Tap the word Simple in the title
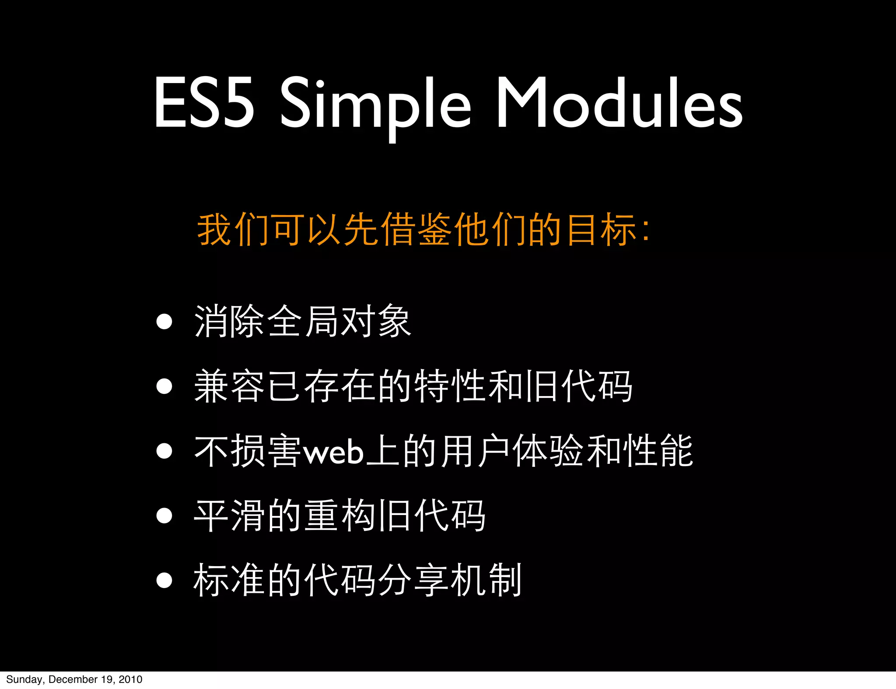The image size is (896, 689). pos(375,105)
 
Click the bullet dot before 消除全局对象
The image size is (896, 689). pos(164,322)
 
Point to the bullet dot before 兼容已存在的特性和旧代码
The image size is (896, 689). pos(164,386)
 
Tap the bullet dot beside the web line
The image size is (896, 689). pos(164,451)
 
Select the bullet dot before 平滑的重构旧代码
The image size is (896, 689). pos(164,515)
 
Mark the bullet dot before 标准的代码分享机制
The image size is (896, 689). pos(164,580)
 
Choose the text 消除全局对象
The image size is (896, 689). pos(302,322)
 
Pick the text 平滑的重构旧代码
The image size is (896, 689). pos(339,516)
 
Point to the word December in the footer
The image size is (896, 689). pos(73,679)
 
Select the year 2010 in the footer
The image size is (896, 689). pos(130,679)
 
